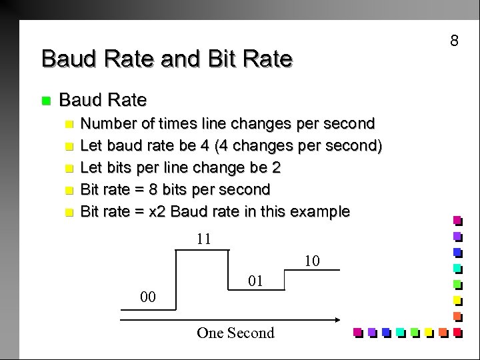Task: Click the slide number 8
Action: point(454,41)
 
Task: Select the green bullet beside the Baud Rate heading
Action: point(45,101)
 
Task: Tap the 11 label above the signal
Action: point(204,239)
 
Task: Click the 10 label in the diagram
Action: point(313,261)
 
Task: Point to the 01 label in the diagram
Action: point(255,282)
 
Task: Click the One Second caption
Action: point(235,333)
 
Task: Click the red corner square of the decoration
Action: point(457,332)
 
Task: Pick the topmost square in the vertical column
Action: point(457,219)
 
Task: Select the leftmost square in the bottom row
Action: point(357,332)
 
